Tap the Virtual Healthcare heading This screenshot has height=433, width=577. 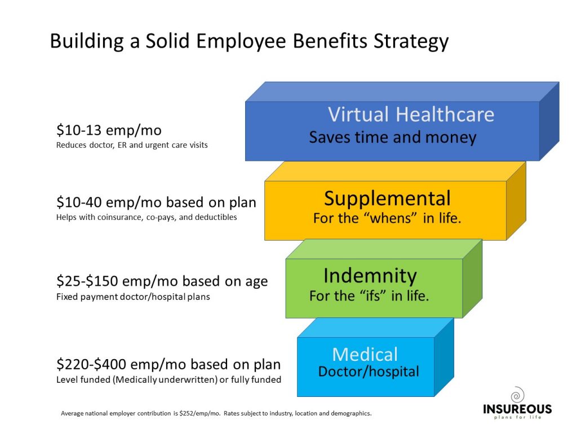tap(411, 114)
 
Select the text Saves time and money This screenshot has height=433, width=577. tap(393, 138)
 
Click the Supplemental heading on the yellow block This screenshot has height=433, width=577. tap(387, 199)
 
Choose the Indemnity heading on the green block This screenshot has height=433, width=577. tap(370, 276)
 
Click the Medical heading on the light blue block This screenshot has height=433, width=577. tap(365, 355)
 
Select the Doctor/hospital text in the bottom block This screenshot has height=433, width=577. tap(369, 372)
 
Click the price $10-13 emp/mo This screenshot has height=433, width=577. tap(109, 130)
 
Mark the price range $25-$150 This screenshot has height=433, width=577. tap(87, 281)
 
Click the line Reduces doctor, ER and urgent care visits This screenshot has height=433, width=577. tap(132, 145)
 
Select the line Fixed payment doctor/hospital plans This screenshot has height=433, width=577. tap(133, 297)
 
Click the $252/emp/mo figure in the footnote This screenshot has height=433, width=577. tap(199, 413)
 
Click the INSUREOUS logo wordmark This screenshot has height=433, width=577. tap(517, 409)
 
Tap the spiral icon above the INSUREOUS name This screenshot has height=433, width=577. tap(517, 395)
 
